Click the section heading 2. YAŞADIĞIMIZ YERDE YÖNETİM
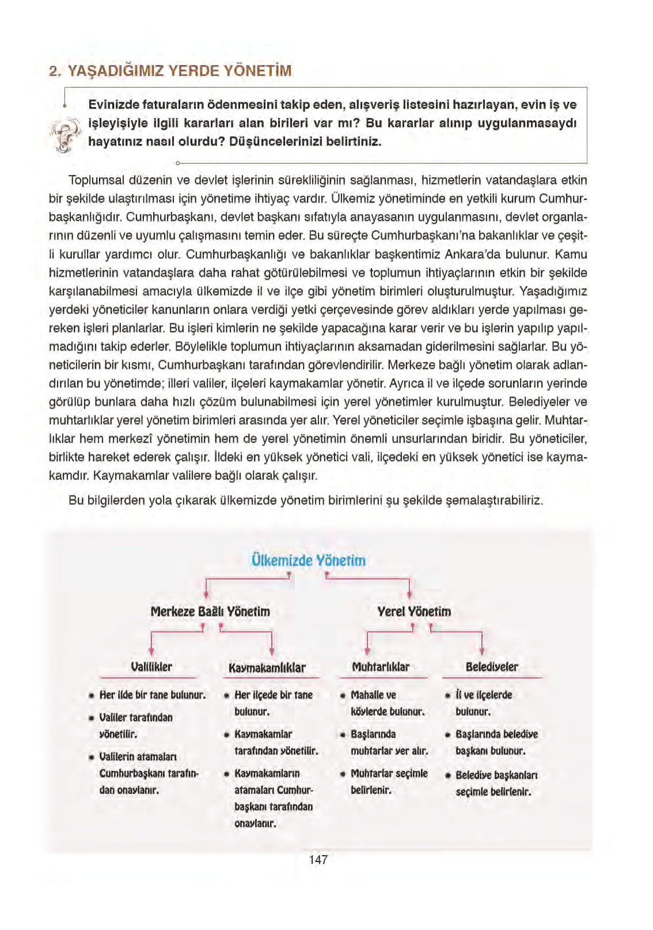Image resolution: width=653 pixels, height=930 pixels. (x=170, y=71)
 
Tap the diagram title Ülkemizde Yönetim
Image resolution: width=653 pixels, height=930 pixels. (x=308, y=560)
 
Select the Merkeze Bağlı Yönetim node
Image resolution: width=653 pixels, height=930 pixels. (x=210, y=611)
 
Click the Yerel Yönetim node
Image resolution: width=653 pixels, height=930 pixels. (x=414, y=611)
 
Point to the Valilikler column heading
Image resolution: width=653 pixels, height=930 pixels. (x=151, y=667)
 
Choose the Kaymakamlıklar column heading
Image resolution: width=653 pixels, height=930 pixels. (x=267, y=668)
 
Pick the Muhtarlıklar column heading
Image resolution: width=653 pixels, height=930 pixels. (x=381, y=667)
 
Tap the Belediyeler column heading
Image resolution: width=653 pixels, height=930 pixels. (x=492, y=667)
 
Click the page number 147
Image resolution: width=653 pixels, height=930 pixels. (x=318, y=860)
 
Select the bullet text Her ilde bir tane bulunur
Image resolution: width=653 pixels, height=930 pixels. (x=152, y=695)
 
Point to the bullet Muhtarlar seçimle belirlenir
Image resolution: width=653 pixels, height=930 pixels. (x=389, y=782)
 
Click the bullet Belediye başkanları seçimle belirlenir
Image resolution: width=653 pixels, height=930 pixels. (x=496, y=783)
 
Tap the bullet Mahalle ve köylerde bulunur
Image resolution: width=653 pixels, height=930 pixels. (x=387, y=703)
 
